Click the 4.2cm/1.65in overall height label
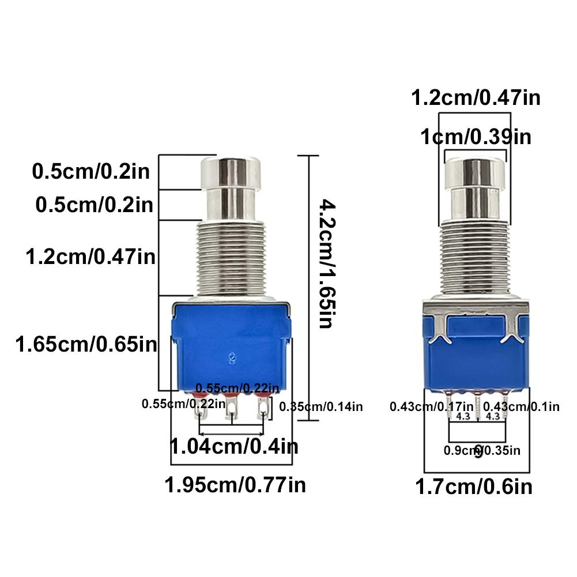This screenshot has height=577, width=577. click(325, 264)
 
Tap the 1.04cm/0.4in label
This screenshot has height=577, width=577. click(234, 446)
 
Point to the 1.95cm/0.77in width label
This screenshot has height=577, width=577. click(235, 484)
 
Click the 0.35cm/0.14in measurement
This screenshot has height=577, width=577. click(321, 407)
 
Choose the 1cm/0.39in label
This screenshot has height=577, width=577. click(476, 137)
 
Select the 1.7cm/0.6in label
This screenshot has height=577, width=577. click(474, 487)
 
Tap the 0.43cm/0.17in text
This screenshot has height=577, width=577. click(431, 406)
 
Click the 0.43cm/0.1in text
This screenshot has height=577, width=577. click(521, 406)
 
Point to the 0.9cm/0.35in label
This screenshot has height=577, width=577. click(482, 450)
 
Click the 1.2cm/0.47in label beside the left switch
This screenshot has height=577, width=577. click(90, 256)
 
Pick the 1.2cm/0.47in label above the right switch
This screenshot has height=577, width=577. click(476, 98)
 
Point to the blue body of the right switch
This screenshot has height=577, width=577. click(476, 357)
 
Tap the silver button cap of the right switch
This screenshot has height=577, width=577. click(476, 173)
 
